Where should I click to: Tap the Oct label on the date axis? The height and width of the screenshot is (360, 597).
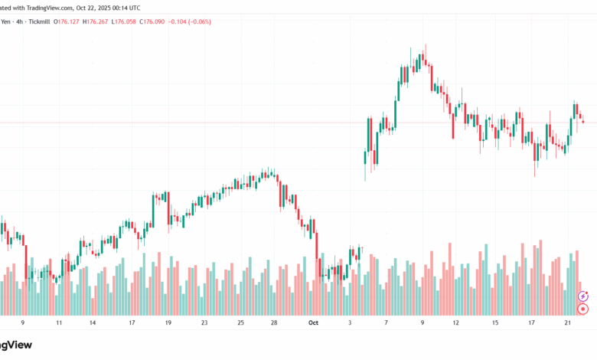pos(313,323)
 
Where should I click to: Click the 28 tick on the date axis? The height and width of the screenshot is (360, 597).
pos(273,323)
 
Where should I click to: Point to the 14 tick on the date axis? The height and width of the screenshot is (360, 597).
pos(93,323)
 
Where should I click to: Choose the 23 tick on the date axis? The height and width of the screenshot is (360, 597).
pos(204,323)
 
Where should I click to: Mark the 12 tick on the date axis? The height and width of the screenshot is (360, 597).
pos(455,323)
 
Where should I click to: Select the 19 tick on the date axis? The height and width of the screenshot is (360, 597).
pos(168,323)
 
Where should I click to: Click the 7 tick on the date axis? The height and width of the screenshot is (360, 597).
pos(387,323)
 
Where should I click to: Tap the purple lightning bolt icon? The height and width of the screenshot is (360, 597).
pos(583,296)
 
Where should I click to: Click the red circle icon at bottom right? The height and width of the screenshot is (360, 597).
pos(583,309)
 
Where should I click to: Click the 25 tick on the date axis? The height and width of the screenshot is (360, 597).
pos(240,323)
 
